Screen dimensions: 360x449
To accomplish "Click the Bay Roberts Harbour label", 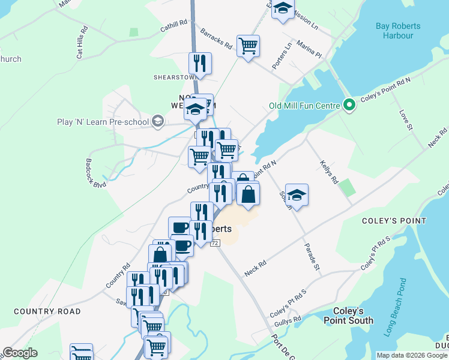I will (398, 31).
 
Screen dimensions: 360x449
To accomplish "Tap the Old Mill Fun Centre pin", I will (349, 106).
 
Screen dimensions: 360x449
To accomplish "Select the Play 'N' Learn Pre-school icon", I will (157, 122).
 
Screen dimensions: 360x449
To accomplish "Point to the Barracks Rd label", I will (216, 38).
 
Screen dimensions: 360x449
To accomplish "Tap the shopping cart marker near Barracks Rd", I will (248, 46).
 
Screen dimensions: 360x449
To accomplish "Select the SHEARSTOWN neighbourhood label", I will (175, 77).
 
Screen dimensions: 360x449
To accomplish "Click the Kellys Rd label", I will (330, 172).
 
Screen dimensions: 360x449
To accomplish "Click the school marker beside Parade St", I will (297, 194).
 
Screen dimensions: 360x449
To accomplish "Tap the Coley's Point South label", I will (352, 316).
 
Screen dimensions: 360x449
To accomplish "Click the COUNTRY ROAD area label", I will (47, 311).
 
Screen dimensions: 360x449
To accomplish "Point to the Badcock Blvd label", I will (95, 173).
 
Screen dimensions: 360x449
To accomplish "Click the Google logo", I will (20, 353).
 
